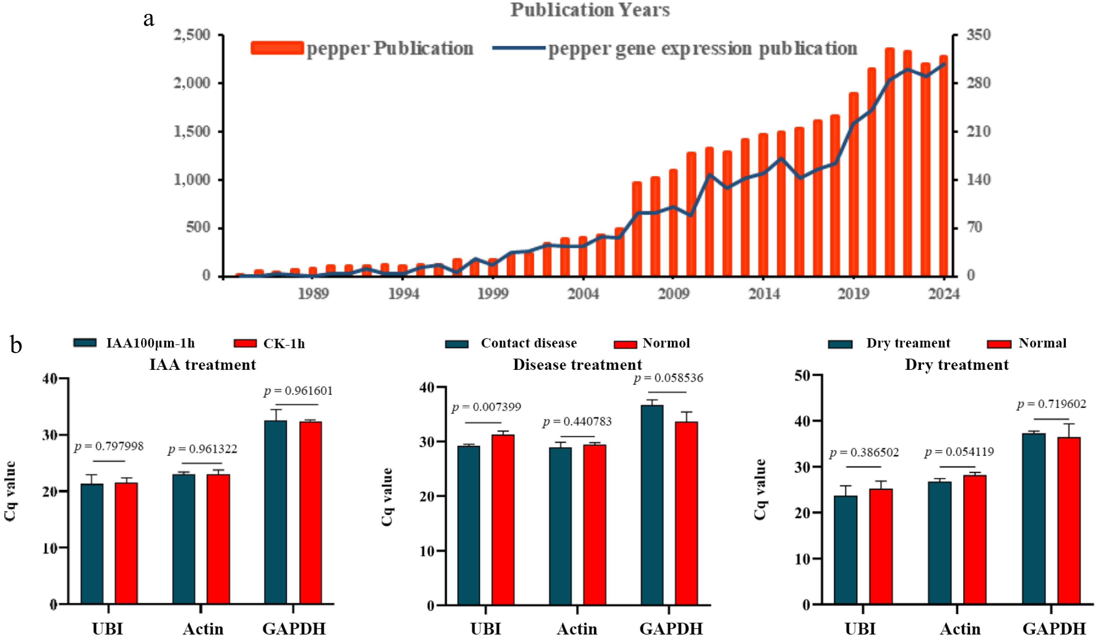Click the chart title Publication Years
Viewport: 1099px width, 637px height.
tap(590, 10)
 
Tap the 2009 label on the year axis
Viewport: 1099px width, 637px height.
tap(673, 294)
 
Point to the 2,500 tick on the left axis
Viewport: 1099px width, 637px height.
tap(192, 35)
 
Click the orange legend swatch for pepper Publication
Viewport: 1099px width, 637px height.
tap(277, 48)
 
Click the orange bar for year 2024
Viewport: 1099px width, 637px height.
tap(943, 166)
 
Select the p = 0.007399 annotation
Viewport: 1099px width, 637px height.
tap(486, 407)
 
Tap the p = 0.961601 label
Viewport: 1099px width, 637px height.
tap(298, 391)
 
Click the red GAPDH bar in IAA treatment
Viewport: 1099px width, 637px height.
tap(310, 513)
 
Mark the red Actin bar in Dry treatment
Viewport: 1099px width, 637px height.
tap(975, 539)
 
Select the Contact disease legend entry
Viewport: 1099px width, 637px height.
tap(529, 343)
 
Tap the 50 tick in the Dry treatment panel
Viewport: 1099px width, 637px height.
tap(802, 375)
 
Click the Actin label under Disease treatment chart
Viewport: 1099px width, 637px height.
tap(577, 629)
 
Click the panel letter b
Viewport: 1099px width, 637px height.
tap(16, 345)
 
